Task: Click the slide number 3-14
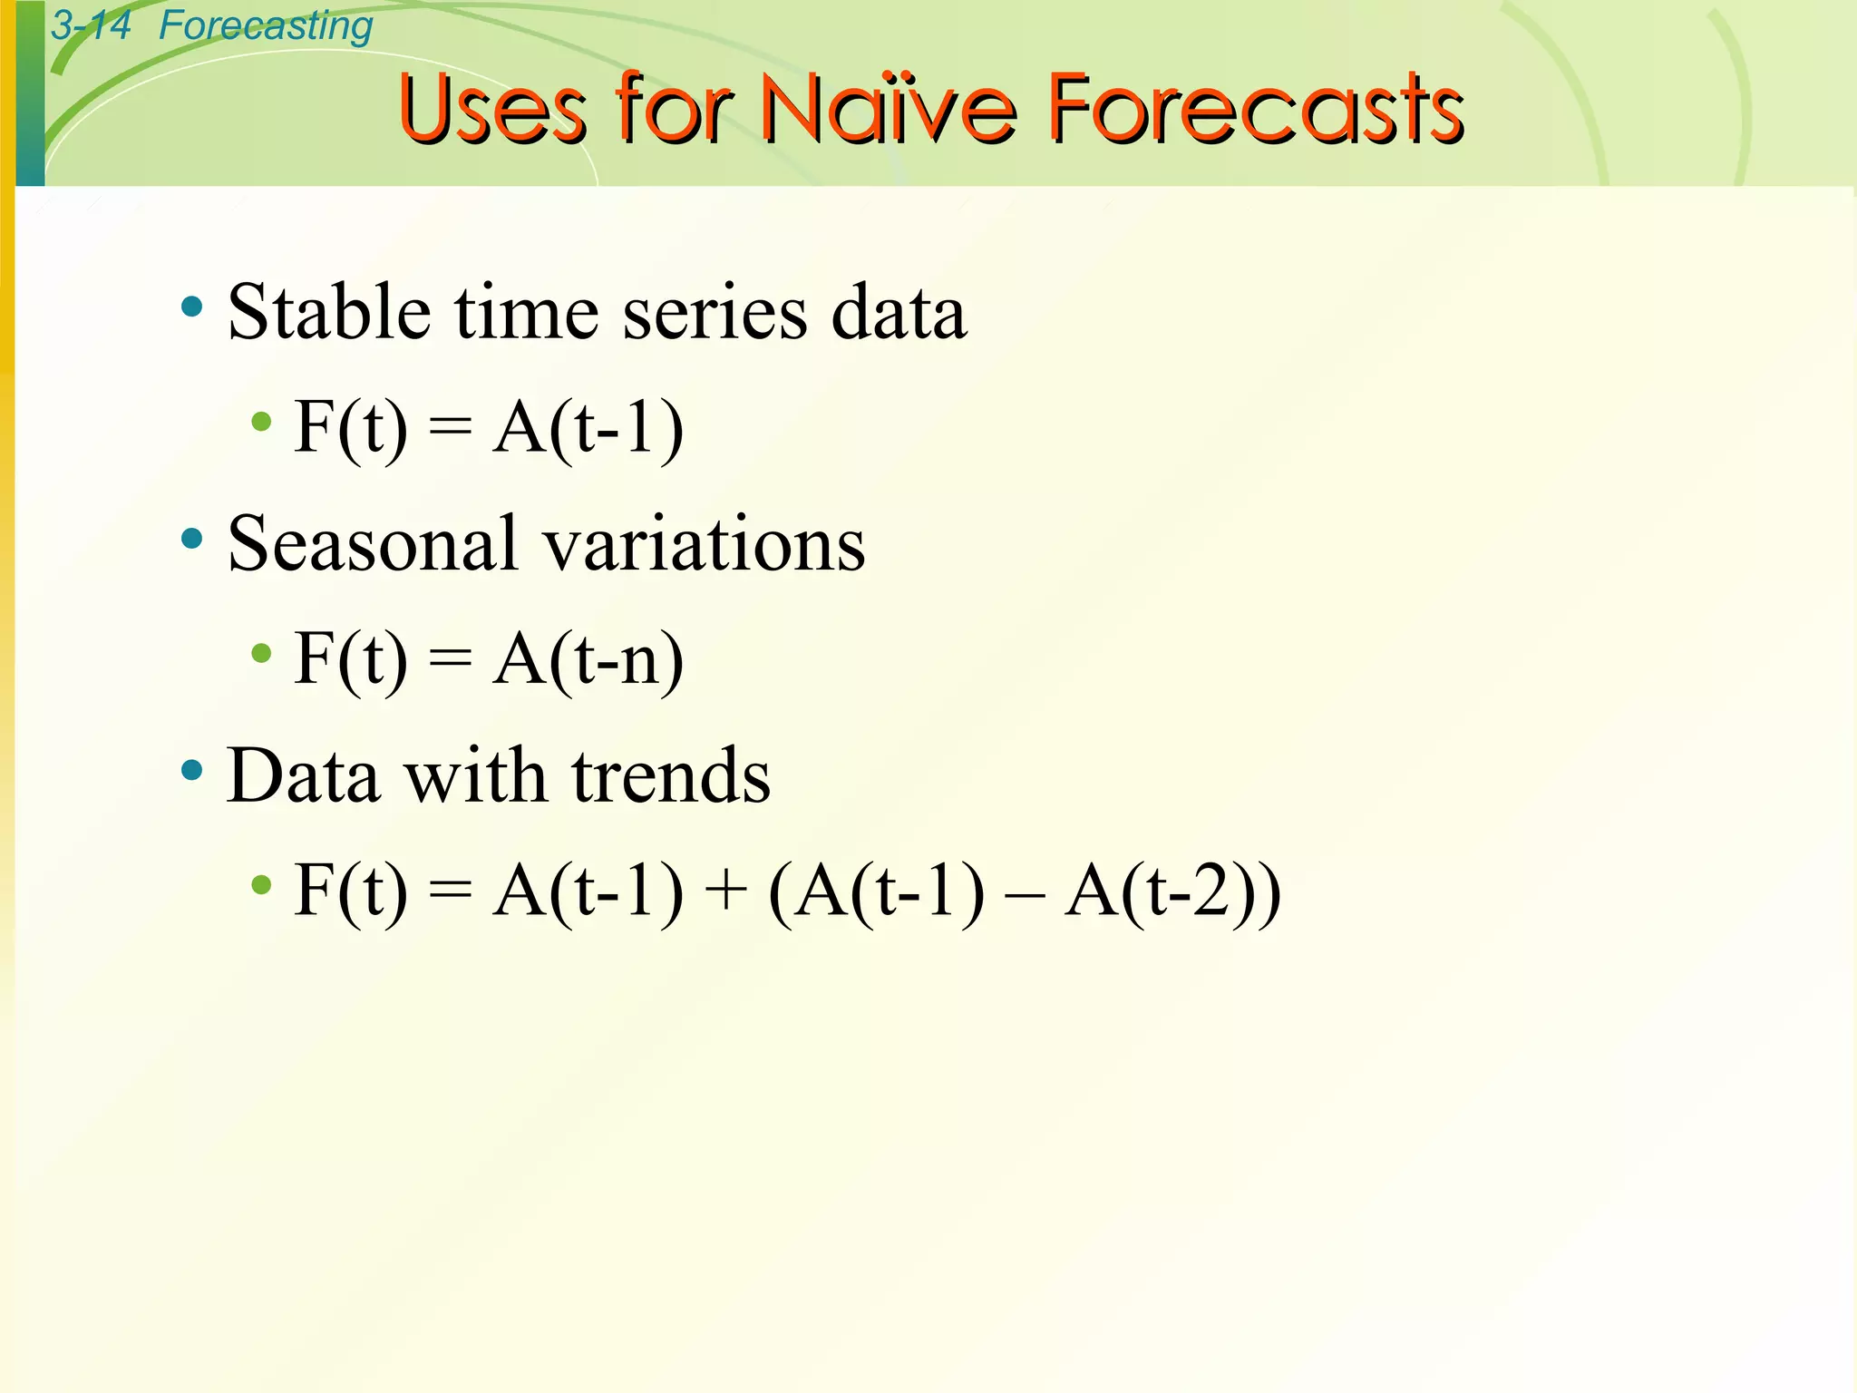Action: click(x=91, y=24)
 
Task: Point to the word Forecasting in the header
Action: click(x=265, y=25)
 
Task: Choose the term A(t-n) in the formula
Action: click(x=588, y=659)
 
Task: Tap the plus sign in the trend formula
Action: click(x=725, y=891)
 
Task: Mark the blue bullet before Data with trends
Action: click(x=191, y=771)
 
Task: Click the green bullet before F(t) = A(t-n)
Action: click(x=261, y=653)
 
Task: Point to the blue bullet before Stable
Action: click(x=191, y=307)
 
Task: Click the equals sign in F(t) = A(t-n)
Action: click(x=450, y=659)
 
